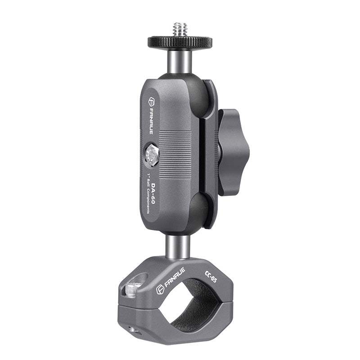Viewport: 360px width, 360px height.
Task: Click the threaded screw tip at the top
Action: pyautogui.click(x=180, y=29)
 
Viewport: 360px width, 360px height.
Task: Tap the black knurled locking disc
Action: pyautogui.click(x=180, y=42)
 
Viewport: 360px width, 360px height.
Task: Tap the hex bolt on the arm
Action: pyautogui.click(x=152, y=155)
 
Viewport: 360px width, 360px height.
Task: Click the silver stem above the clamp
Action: pyautogui.click(x=178, y=246)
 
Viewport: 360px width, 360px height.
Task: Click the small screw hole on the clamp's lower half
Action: pyautogui.click(x=133, y=330)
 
